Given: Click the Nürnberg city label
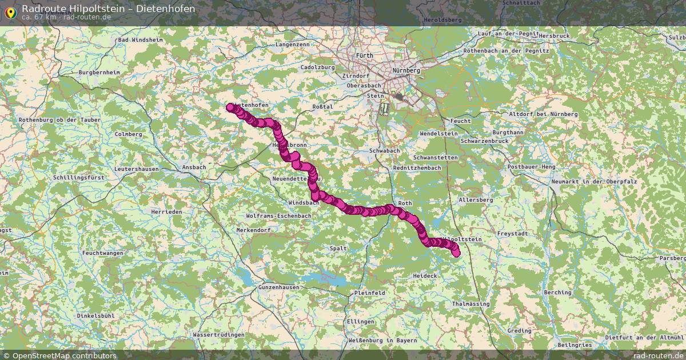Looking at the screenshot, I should click(x=406, y=70).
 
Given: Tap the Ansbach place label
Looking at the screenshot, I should click(x=194, y=167).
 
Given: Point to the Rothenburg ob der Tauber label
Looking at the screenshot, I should click(x=59, y=119).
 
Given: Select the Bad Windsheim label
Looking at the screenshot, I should click(x=140, y=40).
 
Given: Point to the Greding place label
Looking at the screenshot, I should click(x=519, y=331).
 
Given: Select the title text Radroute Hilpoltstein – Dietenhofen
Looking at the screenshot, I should click(x=108, y=9).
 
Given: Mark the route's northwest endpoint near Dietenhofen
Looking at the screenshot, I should click(x=230, y=107).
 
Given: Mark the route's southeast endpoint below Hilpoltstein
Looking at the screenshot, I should click(x=456, y=253).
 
